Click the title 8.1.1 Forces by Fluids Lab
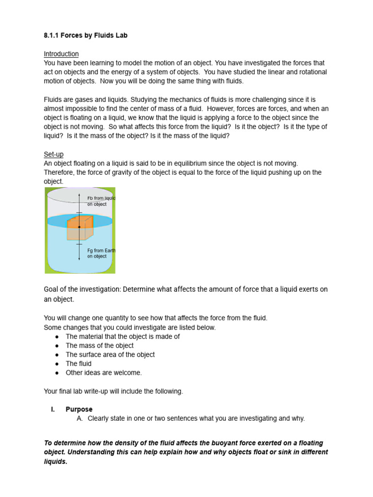click(85, 35)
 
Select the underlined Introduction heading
click(61, 54)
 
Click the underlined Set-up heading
click(53, 154)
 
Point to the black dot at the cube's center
click(79, 227)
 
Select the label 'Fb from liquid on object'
click(101, 201)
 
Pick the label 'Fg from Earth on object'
click(101, 253)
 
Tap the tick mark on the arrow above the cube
click(79, 213)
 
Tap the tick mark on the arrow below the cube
click(79, 244)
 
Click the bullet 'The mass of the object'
click(100, 346)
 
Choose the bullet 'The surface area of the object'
click(110, 355)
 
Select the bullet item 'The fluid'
click(79, 364)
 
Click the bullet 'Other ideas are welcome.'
click(104, 373)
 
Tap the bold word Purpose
click(79, 409)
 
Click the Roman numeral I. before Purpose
click(53, 409)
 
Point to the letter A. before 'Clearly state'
click(80, 418)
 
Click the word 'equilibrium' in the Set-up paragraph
click(193, 163)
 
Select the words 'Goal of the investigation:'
click(82, 289)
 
